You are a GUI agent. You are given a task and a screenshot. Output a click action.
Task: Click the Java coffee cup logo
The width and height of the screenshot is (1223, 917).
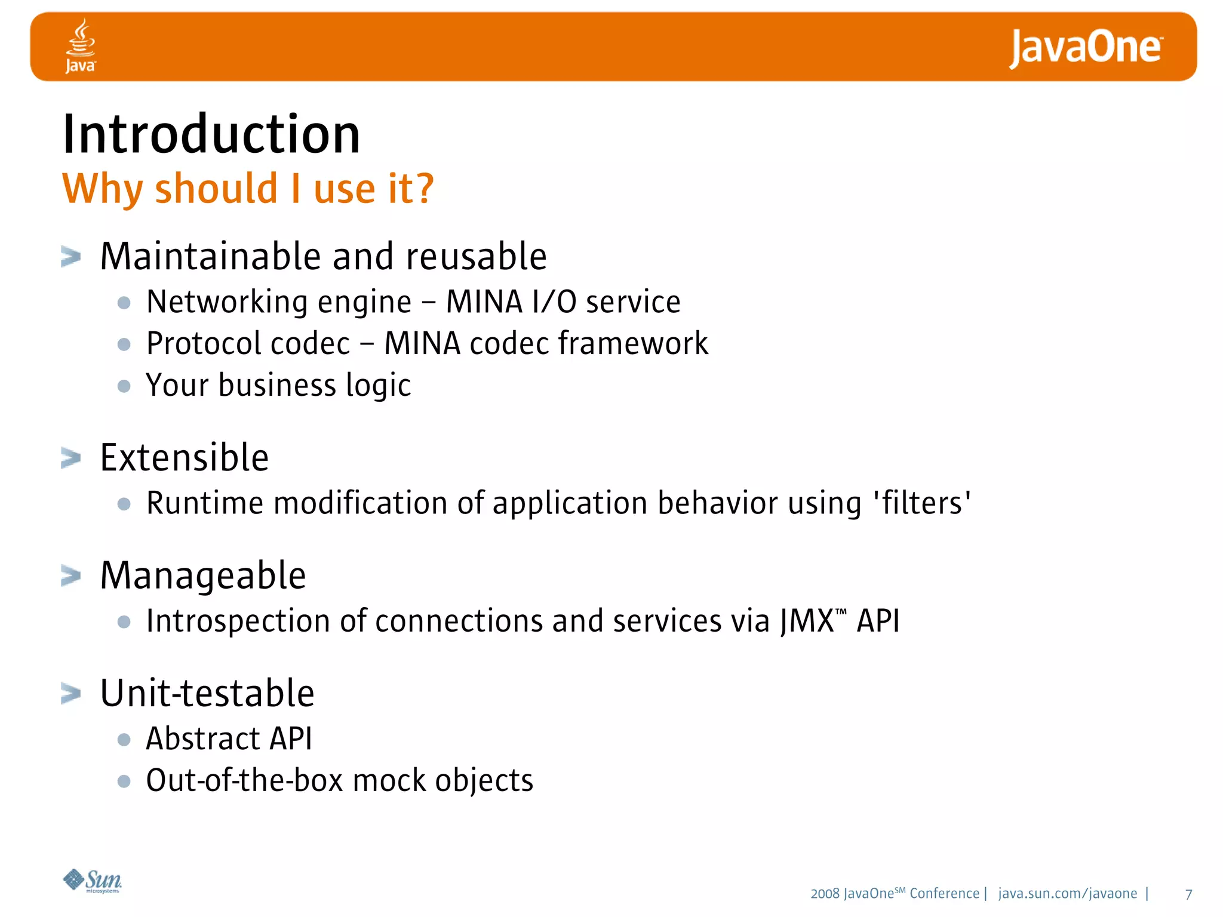pos(81,45)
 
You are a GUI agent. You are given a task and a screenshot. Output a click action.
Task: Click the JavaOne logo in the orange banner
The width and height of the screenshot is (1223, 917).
pos(1085,48)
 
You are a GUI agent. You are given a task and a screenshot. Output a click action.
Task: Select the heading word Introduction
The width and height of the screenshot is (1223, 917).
pos(211,134)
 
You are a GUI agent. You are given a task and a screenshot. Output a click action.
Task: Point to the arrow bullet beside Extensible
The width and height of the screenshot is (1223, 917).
pos(70,458)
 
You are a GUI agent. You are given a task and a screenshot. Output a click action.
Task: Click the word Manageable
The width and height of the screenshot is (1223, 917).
pos(203,576)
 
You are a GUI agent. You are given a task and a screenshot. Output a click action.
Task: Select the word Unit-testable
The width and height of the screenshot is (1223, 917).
pos(207,694)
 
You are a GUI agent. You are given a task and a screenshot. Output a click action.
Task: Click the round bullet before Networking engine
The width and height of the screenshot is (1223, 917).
pos(124,303)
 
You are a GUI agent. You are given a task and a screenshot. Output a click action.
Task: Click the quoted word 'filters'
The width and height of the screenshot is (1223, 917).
pos(922,503)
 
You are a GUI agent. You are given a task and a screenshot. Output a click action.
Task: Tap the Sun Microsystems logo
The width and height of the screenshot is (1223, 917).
pos(93,881)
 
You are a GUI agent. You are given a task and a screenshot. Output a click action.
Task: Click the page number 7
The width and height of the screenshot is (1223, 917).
pos(1188,894)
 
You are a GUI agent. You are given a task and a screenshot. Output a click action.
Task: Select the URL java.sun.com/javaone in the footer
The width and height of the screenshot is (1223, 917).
pos(1067,894)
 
